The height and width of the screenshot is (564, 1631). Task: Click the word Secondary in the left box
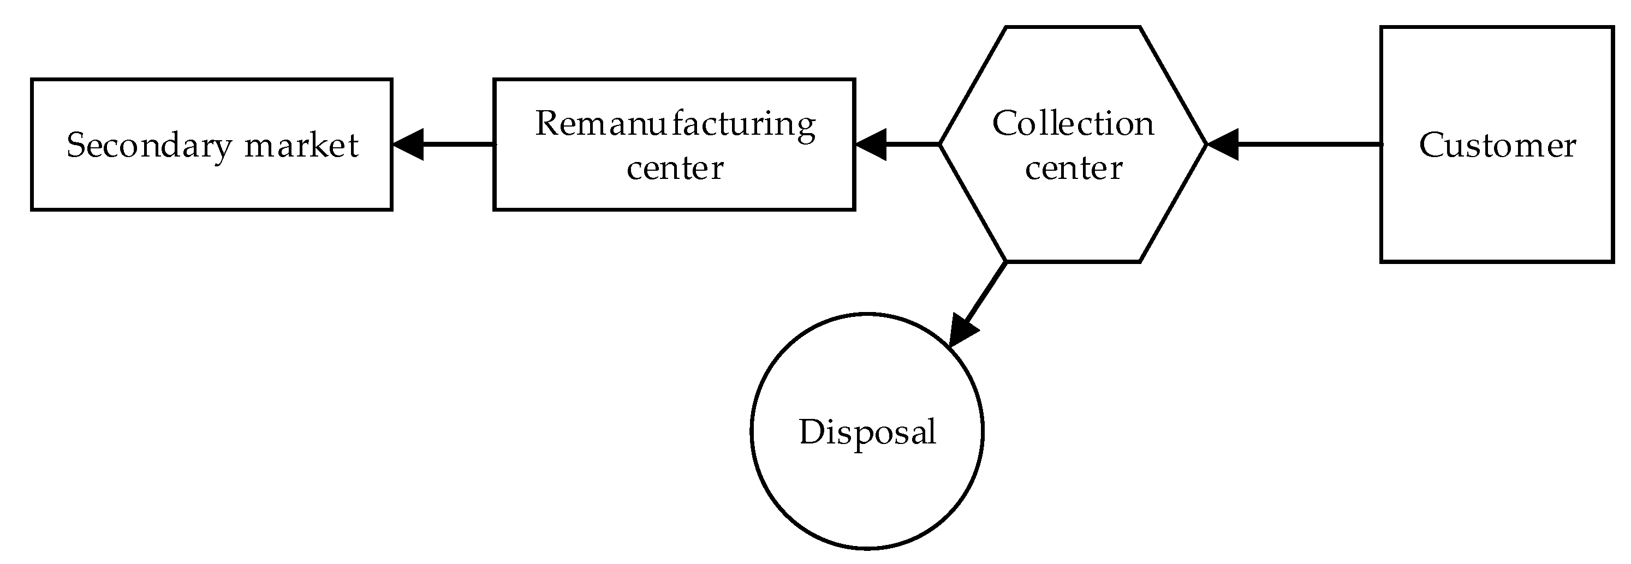coord(150,146)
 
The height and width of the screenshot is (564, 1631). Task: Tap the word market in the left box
coord(301,146)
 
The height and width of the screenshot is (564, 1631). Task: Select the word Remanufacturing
coord(675,123)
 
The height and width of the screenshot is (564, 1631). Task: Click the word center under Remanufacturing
coord(675,168)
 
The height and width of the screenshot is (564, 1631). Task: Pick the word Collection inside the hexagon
coord(1073,123)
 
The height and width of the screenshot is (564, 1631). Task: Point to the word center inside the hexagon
coord(1074,168)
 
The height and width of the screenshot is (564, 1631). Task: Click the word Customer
coord(1497,146)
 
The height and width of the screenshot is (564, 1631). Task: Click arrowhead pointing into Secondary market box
coord(407,145)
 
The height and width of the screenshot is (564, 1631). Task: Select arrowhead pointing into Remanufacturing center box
coord(870,145)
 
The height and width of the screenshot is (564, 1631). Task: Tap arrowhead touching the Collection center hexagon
coord(1223,145)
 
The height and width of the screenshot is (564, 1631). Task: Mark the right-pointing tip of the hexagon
coord(1207,145)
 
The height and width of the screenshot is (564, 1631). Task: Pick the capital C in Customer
coord(1431,146)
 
